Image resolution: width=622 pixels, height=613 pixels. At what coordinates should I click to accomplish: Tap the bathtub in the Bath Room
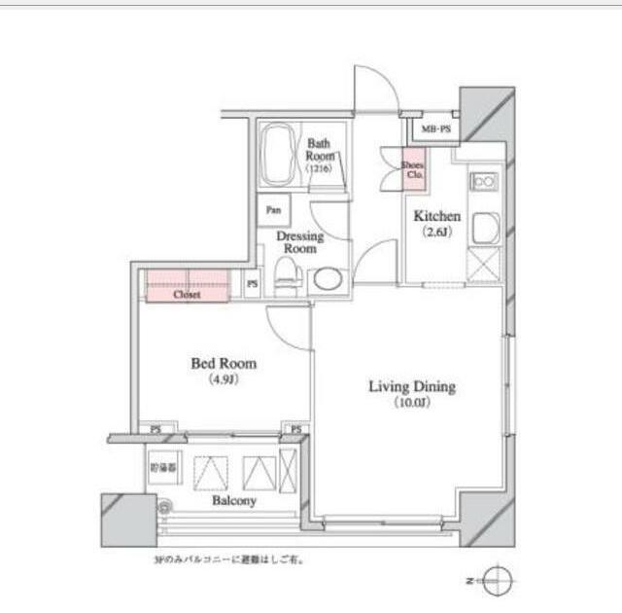(279, 155)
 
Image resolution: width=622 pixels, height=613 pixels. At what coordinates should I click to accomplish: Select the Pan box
(274, 209)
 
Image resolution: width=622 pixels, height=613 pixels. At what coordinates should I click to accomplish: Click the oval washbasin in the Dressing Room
(328, 279)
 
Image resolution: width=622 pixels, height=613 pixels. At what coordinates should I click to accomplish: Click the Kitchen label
(437, 216)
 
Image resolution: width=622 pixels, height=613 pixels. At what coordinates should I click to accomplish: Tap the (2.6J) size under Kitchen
(437, 233)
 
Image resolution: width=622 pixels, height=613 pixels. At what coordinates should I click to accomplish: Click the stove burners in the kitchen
(483, 180)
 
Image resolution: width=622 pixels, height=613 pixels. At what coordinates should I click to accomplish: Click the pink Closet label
(187, 294)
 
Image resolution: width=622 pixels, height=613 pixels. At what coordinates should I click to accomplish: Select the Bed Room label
(224, 364)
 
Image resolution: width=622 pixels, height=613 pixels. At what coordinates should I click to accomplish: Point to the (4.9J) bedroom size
(224, 379)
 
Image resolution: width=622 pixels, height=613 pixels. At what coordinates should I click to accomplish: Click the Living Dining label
(411, 386)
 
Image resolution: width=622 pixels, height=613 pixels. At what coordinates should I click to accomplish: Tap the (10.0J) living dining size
(411, 403)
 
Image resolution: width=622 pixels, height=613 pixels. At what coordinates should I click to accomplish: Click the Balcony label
(233, 500)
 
